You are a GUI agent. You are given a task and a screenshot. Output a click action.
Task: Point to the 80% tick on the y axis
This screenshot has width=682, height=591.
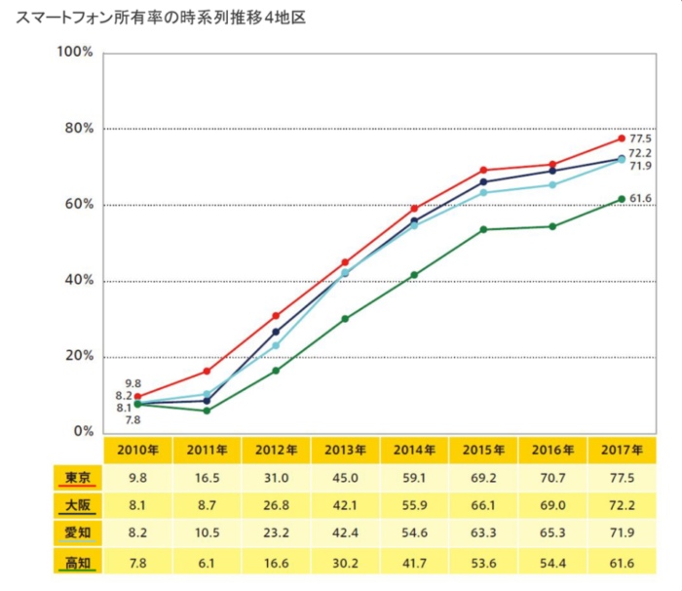(x=75, y=129)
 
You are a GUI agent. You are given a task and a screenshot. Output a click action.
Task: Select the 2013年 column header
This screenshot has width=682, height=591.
(x=345, y=450)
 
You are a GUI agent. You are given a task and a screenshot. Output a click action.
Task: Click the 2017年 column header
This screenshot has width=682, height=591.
(x=622, y=450)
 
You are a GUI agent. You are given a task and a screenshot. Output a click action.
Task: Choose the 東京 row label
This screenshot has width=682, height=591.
(x=77, y=478)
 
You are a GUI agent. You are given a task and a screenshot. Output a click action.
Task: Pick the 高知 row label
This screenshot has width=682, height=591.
(x=77, y=562)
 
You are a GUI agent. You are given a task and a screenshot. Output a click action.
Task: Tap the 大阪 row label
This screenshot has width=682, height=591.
(x=77, y=506)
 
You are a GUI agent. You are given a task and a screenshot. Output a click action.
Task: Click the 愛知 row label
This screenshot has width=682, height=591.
(x=77, y=534)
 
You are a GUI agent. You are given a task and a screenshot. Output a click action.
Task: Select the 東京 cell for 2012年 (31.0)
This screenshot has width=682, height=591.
(x=276, y=479)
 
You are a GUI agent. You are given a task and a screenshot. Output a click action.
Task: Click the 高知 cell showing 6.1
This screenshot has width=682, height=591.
(x=207, y=563)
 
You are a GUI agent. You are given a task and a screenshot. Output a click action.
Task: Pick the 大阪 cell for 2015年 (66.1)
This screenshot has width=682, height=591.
(x=483, y=507)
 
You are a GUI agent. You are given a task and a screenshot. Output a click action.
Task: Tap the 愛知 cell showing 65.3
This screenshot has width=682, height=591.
(x=552, y=535)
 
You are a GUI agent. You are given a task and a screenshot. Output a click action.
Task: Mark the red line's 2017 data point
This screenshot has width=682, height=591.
(x=621, y=138)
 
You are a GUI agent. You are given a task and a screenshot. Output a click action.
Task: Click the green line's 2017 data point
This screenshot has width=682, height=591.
(x=621, y=199)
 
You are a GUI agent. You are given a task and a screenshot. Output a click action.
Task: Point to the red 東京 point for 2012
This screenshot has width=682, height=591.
(x=276, y=316)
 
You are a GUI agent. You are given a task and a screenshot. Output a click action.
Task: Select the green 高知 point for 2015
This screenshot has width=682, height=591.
(x=483, y=230)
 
